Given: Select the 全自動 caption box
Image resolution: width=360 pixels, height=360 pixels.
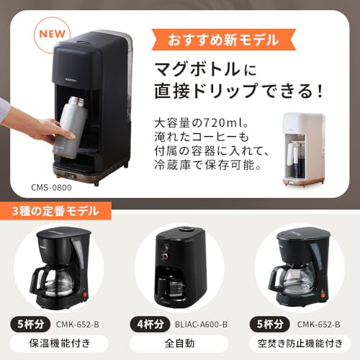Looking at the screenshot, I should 180,343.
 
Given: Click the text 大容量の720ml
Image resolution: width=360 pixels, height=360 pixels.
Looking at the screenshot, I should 209,122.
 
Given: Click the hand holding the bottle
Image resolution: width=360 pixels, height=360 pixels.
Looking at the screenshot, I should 36,126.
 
